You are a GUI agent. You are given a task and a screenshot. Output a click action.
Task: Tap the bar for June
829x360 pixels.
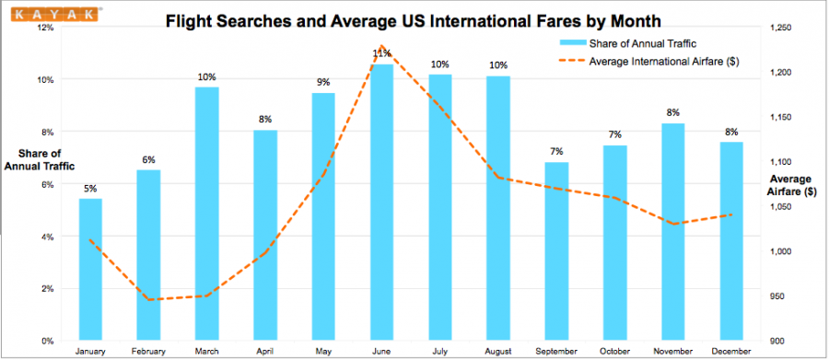coord(382,202)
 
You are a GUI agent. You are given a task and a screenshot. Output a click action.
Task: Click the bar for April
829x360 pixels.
coord(265,235)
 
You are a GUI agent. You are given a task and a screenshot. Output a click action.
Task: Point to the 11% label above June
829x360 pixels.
coord(382,54)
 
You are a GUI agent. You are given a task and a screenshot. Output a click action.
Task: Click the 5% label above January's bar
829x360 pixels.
coord(90,190)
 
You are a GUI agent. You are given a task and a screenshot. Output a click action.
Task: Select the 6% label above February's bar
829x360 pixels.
coord(148,160)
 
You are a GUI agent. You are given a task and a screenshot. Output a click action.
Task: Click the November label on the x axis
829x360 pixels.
coord(673,351)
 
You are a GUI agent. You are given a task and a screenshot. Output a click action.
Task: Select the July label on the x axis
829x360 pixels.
coord(440,351)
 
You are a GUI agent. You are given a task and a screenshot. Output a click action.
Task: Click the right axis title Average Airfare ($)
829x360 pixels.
coord(792,185)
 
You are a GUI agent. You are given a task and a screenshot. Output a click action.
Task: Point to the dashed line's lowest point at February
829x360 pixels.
coord(148,299)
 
